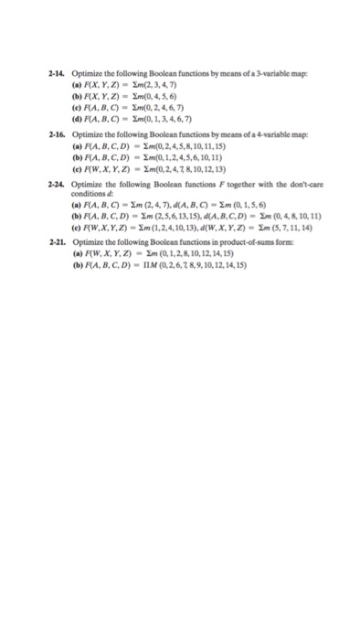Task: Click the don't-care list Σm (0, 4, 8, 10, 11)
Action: point(266,215)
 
